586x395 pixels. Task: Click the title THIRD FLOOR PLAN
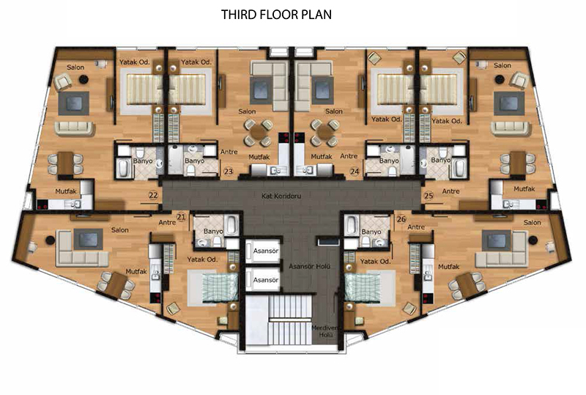(276, 15)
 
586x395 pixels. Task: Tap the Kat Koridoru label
(281, 196)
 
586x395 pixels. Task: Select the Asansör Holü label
(309, 266)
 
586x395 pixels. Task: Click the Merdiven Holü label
(324, 331)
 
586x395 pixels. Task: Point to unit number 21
(181, 217)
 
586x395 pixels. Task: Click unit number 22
(153, 195)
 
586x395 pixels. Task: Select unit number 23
(228, 171)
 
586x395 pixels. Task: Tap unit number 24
(355, 171)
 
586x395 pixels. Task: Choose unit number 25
(429, 195)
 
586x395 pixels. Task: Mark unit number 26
(401, 219)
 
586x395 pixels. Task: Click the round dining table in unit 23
(258, 132)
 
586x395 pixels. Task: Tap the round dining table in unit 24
(324, 132)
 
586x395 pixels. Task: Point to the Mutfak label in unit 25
(524, 189)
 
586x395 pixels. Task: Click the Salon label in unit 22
(75, 67)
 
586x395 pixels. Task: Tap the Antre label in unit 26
(416, 227)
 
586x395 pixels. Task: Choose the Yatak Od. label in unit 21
(202, 259)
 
